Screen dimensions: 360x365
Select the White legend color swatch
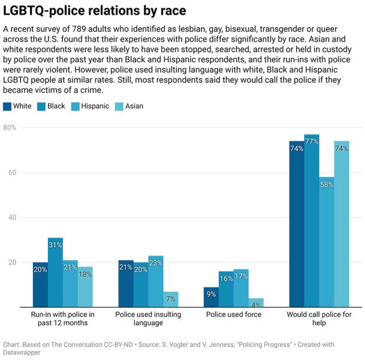click(x=7, y=106)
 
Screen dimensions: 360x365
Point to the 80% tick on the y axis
click(x=10, y=128)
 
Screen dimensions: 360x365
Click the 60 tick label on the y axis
click(x=11, y=173)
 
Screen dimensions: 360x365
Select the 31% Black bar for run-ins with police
click(x=56, y=272)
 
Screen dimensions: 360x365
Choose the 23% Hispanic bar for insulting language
click(x=156, y=281)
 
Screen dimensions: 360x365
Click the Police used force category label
click(x=233, y=314)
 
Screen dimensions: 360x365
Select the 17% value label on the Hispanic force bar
click(x=241, y=277)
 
